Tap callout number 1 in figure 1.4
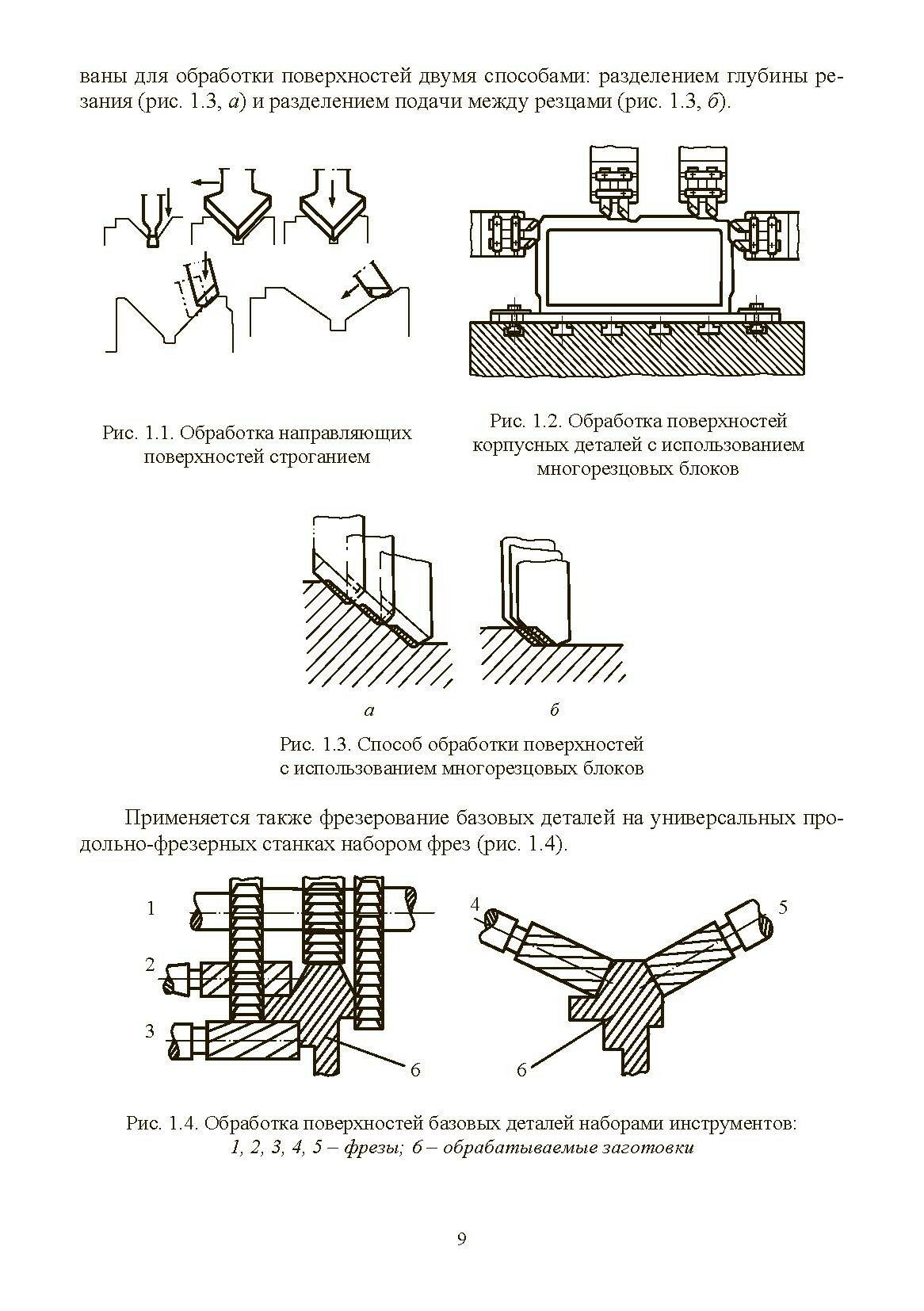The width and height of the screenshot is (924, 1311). point(151,908)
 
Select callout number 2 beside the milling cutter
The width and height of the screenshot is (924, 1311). point(150,965)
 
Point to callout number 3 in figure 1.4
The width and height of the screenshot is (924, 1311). point(150,1031)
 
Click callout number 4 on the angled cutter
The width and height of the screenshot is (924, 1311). point(475,904)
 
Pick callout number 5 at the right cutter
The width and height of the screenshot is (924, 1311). point(783,907)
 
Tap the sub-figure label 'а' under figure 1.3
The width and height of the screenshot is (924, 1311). point(370,709)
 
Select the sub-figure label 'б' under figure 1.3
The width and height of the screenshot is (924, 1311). point(554,709)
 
